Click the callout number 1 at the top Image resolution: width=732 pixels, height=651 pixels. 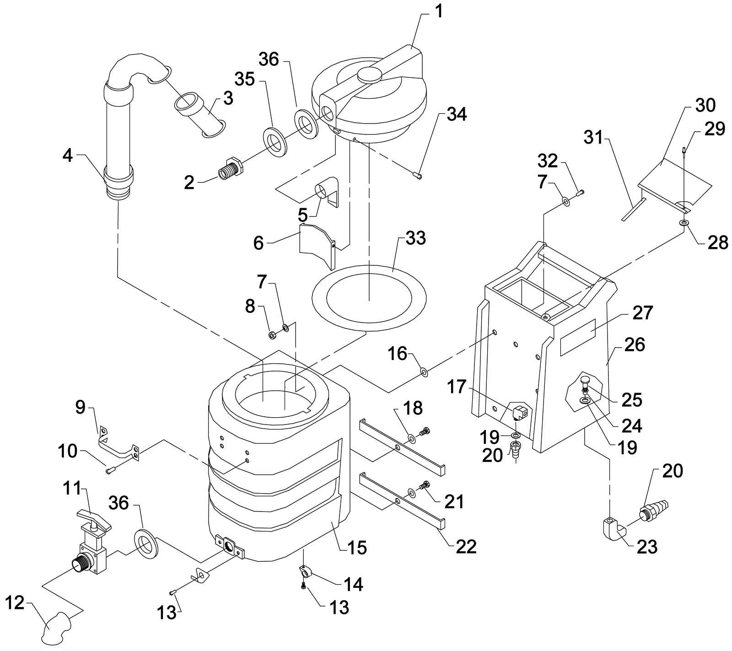point(438,11)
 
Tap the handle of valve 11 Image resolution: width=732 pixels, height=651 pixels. point(93,518)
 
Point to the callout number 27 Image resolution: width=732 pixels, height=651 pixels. point(643,314)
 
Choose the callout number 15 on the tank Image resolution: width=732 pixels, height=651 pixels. point(357,547)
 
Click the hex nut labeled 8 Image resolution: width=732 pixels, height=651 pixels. point(271,335)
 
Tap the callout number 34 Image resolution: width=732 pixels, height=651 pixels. point(457,114)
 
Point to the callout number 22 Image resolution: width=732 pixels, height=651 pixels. point(466,546)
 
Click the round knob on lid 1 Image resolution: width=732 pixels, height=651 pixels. point(370,74)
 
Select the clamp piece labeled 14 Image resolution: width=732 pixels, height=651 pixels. point(304,571)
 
